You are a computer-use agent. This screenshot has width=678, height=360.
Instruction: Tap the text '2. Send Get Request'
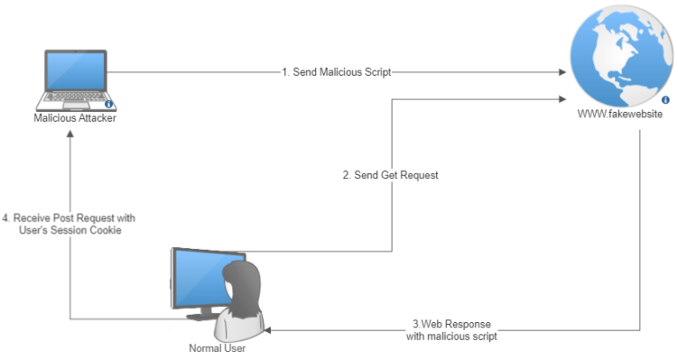tap(390, 176)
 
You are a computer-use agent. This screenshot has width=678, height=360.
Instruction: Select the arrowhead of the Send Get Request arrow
tap(562, 100)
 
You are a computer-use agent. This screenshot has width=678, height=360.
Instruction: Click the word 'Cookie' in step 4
tap(103, 230)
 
